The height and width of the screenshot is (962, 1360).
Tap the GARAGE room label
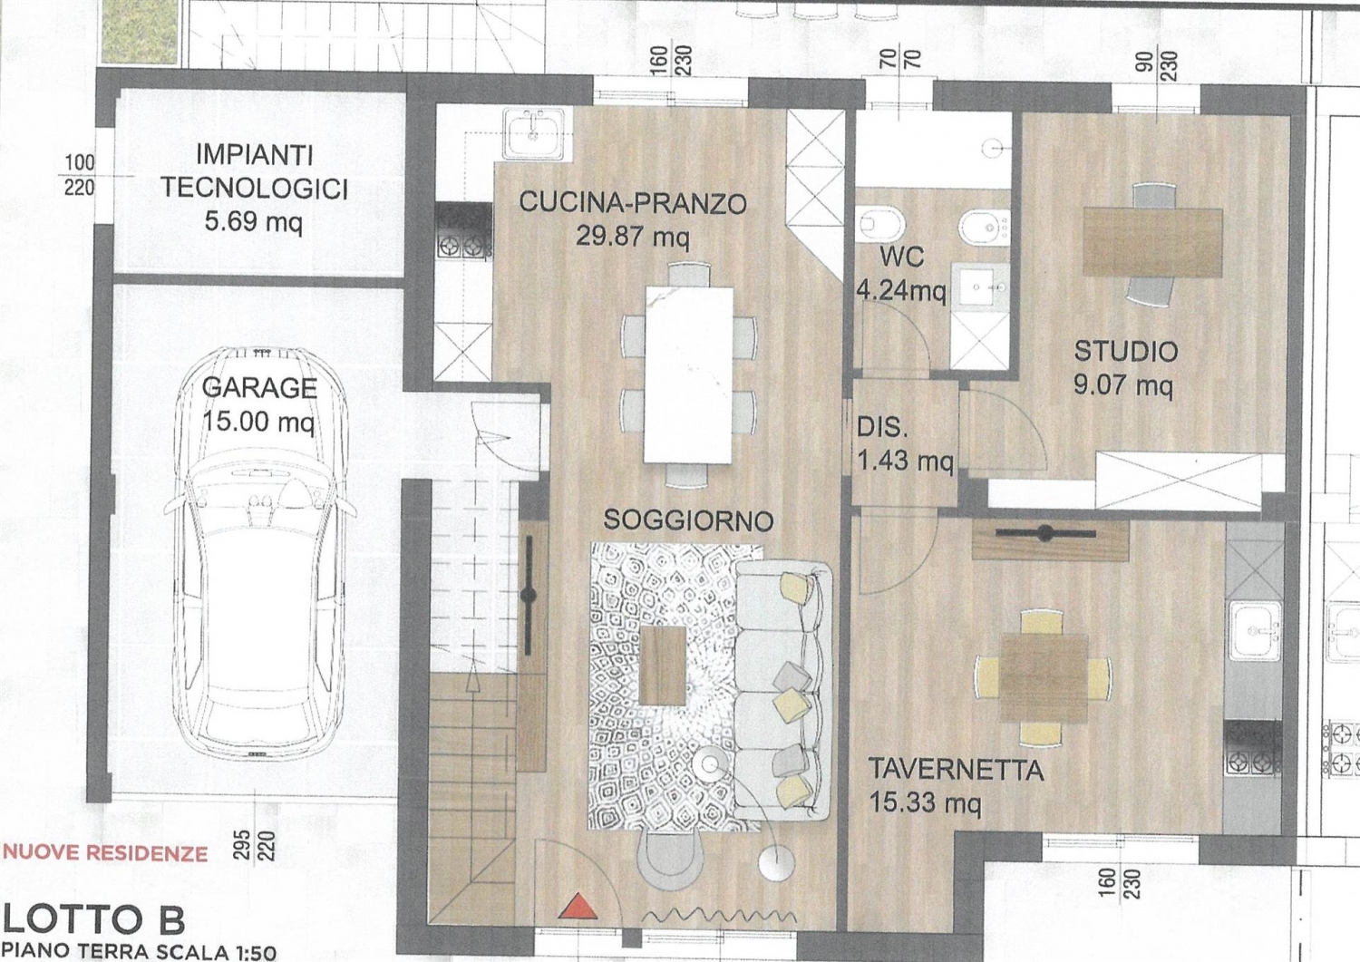coord(259,387)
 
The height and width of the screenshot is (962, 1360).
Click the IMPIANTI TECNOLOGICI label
coord(255,172)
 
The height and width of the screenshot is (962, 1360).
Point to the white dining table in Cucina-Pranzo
coord(689,374)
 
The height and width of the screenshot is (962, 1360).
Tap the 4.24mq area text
coord(901,292)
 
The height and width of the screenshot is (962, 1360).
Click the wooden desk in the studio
coord(1152,242)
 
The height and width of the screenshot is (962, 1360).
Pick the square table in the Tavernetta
coord(1044,679)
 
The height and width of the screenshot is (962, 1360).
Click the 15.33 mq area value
coord(925,803)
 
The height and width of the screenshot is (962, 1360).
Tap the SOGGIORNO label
coord(688,520)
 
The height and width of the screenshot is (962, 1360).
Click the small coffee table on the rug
coord(663,665)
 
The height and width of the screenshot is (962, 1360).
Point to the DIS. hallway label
coord(881,428)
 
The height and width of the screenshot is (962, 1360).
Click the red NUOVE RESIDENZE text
coord(105,853)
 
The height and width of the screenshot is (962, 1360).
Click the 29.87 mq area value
coord(632,236)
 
